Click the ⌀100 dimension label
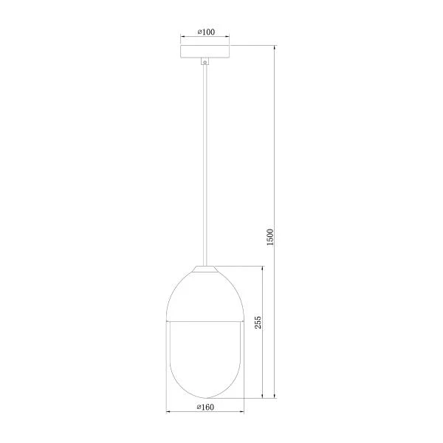point(206,32)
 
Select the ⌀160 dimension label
point(205,407)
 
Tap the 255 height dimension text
point(258,323)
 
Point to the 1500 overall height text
point(270,237)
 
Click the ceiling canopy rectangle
point(205,52)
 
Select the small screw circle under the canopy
point(205,63)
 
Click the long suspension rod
point(205,165)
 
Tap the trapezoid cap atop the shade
point(205,269)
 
